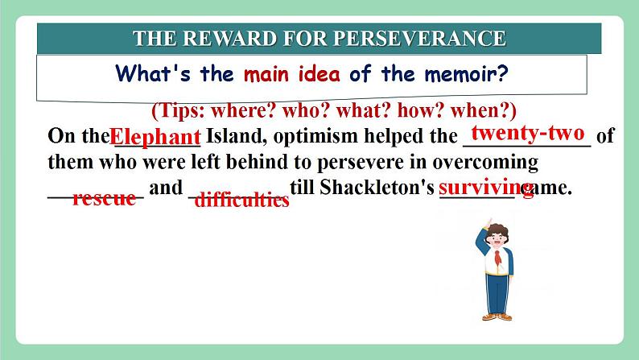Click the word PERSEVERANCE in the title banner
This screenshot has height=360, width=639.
click(x=420, y=39)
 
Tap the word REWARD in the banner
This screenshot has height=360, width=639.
click(x=229, y=39)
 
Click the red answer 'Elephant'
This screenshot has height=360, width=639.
click(x=155, y=137)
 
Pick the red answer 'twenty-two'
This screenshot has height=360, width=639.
click(x=528, y=133)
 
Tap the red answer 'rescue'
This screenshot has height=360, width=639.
click(x=105, y=199)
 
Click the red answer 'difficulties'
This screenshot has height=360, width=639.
click(x=242, y=200)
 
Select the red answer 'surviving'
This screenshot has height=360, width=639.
click(x=486, y=188)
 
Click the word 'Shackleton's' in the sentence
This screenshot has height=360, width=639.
click(x=377, y=187)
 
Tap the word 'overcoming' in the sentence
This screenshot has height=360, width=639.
click(x=485, y=162)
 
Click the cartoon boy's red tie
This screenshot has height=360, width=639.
click(x=497, y=258)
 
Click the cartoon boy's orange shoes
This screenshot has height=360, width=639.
click(x=497, y=317)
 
